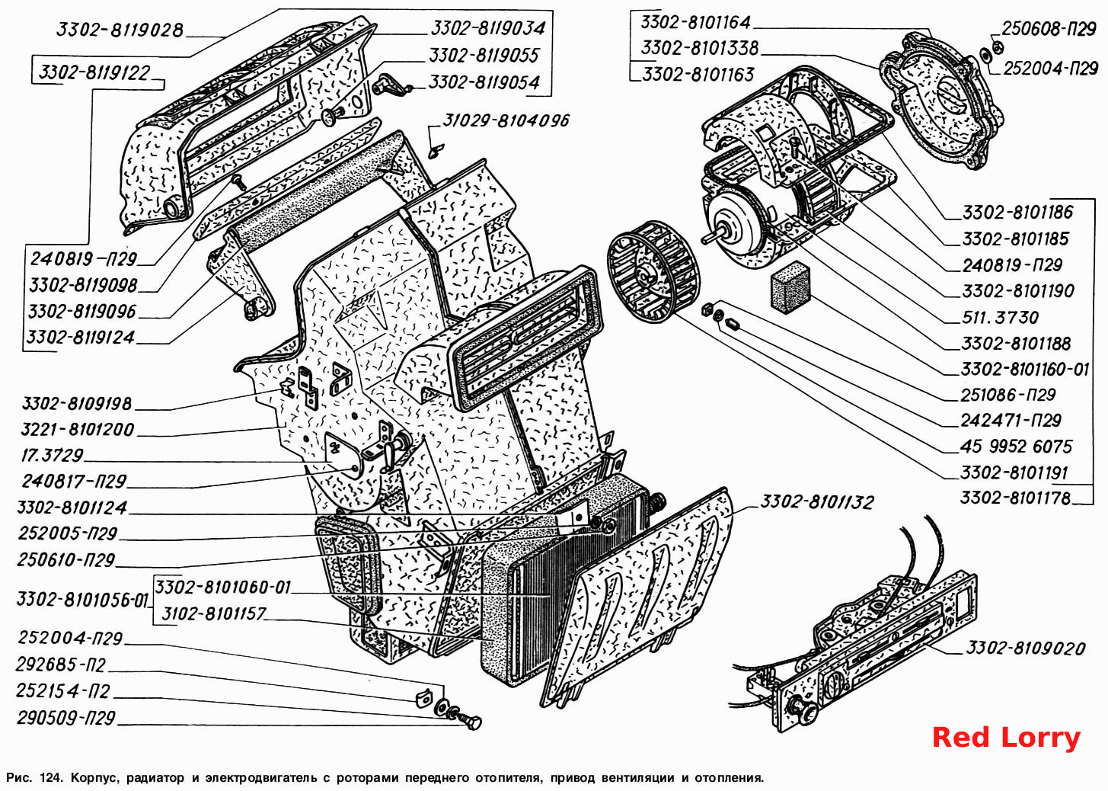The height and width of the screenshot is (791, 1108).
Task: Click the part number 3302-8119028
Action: point(120,30)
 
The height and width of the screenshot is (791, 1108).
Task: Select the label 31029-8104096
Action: point(506,120)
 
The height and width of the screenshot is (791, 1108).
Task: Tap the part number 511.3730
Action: point(1000,317)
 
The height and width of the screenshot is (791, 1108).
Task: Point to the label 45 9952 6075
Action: point(1016,447)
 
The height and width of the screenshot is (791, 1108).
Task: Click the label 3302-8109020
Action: point(1026,648)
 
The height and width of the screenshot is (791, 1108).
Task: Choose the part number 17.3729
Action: point(52,456)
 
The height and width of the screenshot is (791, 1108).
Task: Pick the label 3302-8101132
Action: point(816,502)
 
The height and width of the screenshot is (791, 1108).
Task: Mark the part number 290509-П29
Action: point(65,718)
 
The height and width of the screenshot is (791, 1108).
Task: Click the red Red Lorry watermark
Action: point(1006,738)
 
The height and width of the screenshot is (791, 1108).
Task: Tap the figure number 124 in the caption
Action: point(52,777)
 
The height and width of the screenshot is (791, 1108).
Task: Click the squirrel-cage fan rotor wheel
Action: point(651,272)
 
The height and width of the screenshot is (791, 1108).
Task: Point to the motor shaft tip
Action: point(704,239)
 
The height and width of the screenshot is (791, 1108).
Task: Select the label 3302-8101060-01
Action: point(223,588)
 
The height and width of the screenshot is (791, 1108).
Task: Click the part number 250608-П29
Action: point(1049,29)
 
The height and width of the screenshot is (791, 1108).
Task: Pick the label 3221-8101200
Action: point(78,429)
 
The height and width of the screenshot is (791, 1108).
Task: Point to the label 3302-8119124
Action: point(81,338)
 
